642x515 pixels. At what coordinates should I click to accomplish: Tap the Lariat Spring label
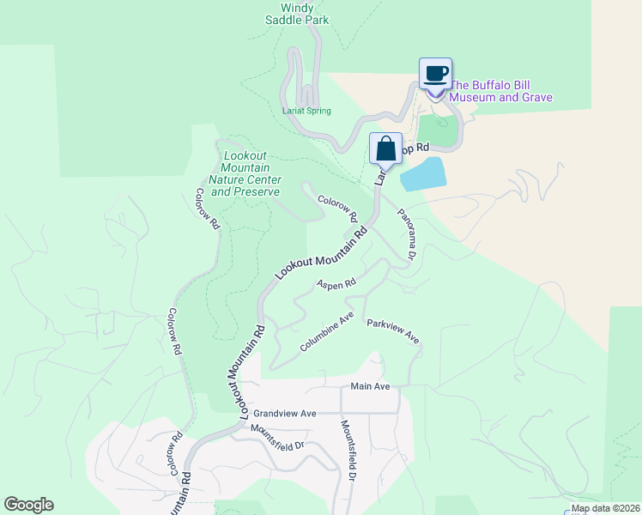(306, 111)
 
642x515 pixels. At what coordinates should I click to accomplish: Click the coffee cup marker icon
(435, 74)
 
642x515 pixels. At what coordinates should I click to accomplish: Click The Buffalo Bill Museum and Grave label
(501, 91)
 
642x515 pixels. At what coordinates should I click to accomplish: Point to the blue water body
(423, 174)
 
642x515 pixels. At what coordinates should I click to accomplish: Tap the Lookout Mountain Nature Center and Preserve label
(246, 174)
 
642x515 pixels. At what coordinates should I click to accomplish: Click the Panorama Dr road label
(406, 234)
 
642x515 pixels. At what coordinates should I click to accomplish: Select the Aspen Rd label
(336, 283)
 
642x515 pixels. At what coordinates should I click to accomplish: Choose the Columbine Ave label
(327, 331)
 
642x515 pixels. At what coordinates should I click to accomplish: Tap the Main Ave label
(370, 386)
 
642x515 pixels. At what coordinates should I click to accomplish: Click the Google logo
(28, 505)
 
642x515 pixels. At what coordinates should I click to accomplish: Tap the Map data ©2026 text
(604, 508)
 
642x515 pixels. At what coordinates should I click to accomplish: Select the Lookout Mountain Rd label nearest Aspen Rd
(321, 252)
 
